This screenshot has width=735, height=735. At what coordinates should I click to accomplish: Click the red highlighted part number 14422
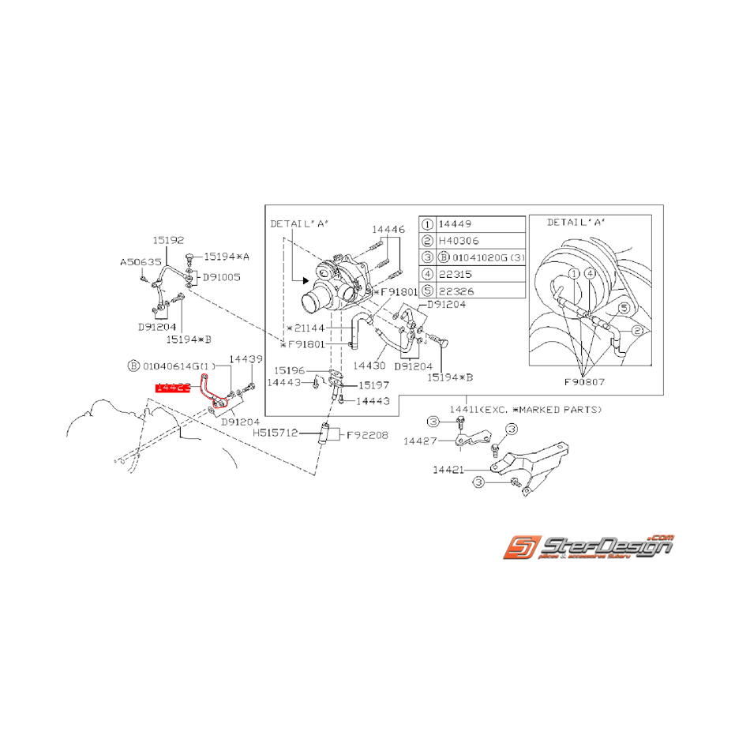click(x=173, y=388)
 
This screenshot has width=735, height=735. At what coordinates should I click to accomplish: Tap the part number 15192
click(x=168, y=239)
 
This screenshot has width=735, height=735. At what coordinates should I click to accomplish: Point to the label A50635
click(x=140, y=261)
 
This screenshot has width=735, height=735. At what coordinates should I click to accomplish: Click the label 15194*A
click(x=227, y=257)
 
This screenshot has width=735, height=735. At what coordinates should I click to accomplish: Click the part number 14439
click(x=245, y=358)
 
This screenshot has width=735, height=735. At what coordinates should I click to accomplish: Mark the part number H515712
click(x=275, y=433)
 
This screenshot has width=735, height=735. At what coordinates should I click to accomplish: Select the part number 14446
click(x=389, y=229)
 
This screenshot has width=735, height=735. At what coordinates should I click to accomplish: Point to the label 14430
click(x=369, y=366)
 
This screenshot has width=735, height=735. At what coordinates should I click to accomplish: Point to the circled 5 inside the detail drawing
click(x=622, y=307)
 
